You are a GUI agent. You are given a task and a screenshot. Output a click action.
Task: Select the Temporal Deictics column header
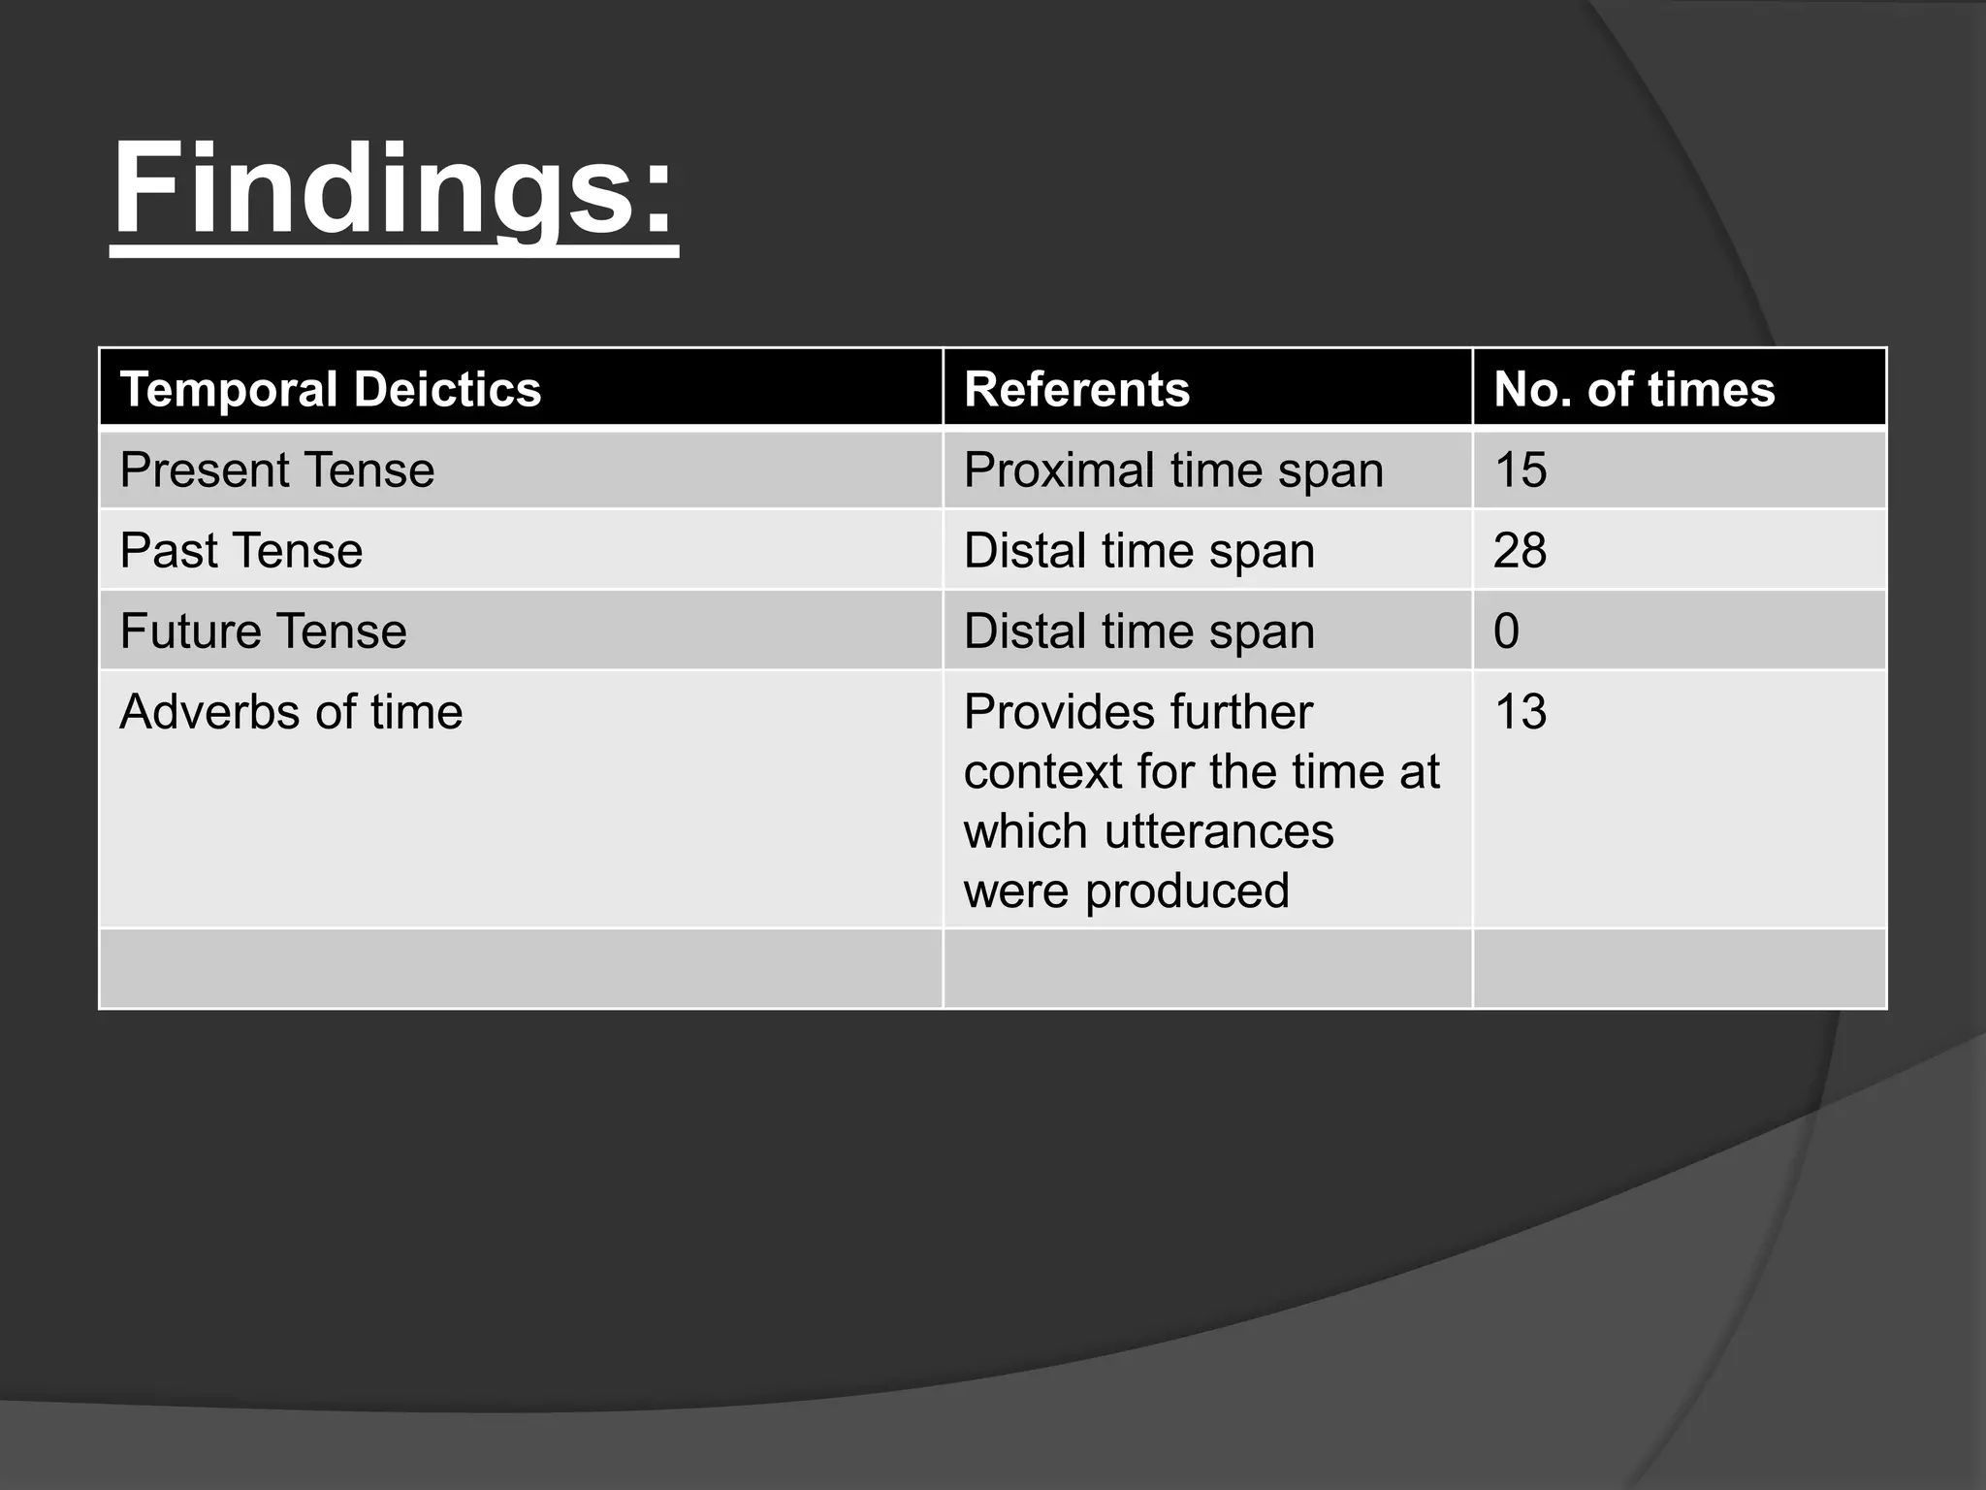tap(331, 389)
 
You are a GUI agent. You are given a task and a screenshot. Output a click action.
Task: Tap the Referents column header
tap(1076, 389)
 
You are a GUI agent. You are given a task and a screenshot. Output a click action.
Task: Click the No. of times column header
tap(1634, 389)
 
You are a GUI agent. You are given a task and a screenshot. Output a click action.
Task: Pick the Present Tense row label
tap(277, 470)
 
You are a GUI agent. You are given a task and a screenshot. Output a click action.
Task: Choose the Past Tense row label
tap(241, 551)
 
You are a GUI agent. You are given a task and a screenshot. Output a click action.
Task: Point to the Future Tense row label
tap(264, 632)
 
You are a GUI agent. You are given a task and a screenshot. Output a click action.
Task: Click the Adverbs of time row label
tap(291, 712)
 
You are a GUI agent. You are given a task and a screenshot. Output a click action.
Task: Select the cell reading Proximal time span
tap(1173, 470)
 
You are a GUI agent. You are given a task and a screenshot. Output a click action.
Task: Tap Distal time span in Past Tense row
tap(1139, 551)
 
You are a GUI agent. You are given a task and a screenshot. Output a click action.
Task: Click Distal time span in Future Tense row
tap(1139, 632)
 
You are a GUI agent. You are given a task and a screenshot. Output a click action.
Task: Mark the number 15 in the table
tap(1521, 470)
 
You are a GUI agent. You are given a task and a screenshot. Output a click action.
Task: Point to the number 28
tap(1521, 551)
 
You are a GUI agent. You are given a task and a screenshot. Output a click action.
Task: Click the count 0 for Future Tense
tap(1507, 632)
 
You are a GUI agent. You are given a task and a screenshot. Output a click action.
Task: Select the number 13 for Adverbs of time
tap(1521, 712)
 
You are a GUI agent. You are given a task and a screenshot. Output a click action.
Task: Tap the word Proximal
tap(1059, 470)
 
